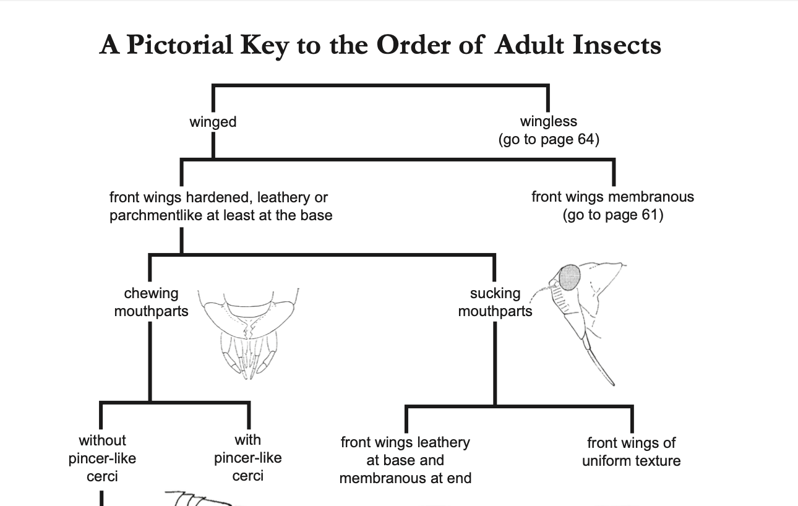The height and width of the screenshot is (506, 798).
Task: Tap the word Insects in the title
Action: (x=617, y=45)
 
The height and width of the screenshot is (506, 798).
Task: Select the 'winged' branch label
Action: (x=213, y=122)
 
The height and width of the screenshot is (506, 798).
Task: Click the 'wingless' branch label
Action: (x=548, y=121)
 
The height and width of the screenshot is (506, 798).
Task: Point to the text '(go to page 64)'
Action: (x=549, y=139)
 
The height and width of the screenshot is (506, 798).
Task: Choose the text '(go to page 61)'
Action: (x=612, y=215)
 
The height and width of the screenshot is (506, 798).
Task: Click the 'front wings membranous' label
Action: (x=612, y=197)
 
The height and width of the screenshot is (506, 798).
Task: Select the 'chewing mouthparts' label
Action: (x=151, y=302)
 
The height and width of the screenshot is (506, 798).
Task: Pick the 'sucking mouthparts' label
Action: (x=495, y=302)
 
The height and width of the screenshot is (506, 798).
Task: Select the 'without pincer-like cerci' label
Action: (x=102, y=458)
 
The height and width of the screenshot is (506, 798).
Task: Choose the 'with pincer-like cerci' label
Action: (x=247, y=458)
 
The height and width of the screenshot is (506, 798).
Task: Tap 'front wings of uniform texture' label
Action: (x=631, y=452)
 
